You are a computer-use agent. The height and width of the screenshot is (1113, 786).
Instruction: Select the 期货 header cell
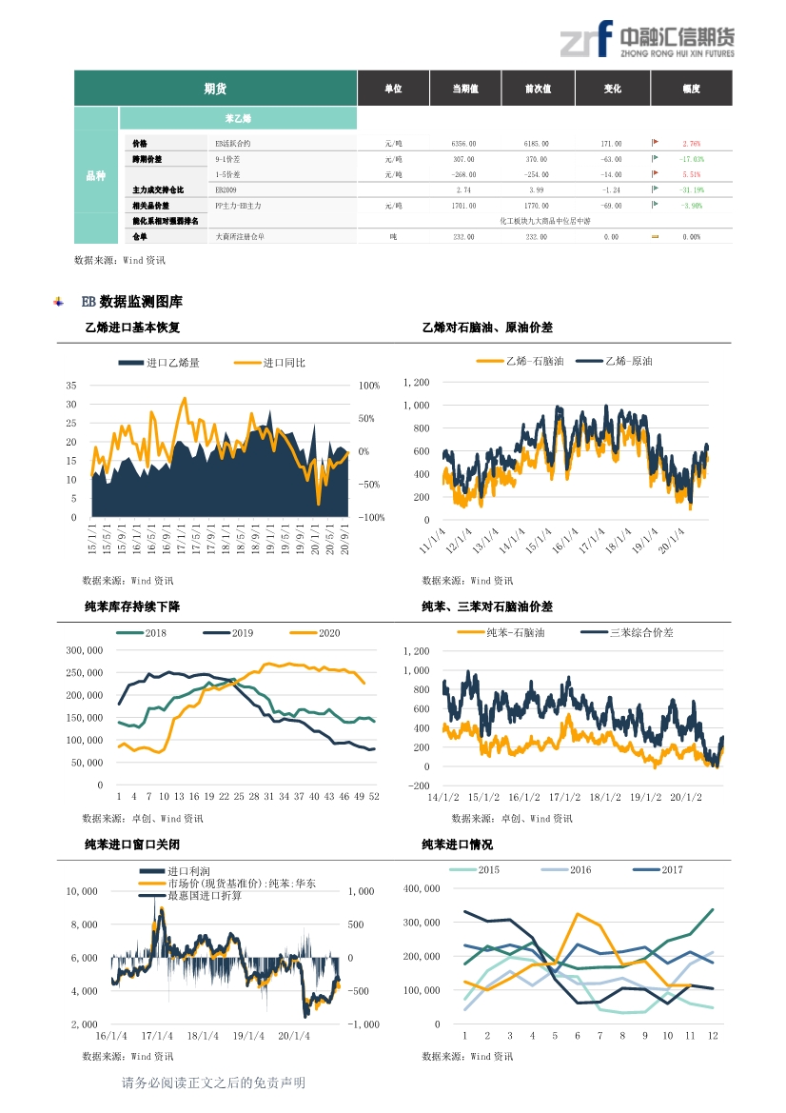pos(215,89)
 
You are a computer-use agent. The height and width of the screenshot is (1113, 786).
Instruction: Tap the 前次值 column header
pos(538,89)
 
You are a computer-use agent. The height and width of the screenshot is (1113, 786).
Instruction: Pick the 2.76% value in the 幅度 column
pos(691,144)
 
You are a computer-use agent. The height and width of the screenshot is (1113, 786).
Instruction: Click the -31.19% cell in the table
pos(691,190)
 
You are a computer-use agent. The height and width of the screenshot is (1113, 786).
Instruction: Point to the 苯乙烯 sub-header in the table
pos(237,119)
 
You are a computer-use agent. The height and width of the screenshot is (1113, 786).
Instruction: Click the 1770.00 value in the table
pos(537,206)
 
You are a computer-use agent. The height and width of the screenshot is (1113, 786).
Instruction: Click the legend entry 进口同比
pos(284,363)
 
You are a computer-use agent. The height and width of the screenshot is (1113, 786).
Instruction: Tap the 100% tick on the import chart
pos(369,386)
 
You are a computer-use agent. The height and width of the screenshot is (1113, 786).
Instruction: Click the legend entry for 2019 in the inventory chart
pos(242,633)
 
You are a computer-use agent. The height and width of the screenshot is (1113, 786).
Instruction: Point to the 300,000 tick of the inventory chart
pos(85,650)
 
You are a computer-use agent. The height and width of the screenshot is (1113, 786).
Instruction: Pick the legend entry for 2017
pos(671,870)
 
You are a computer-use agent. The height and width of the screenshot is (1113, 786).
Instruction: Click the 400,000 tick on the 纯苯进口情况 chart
pos(422,888)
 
